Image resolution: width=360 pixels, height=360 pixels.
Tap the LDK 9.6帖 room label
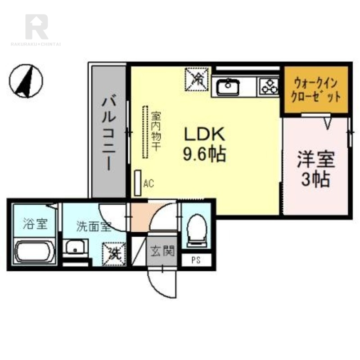[203, 144]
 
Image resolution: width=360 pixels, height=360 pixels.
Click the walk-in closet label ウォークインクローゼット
[315, 90]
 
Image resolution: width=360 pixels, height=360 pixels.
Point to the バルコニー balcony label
[109, 133]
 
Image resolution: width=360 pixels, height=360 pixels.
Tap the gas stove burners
[269, 86]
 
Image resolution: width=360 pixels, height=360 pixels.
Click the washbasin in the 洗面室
[75, 247]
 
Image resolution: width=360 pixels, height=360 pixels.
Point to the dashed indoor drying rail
[145, 131]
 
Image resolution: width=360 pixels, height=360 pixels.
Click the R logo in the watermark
[36, 27]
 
